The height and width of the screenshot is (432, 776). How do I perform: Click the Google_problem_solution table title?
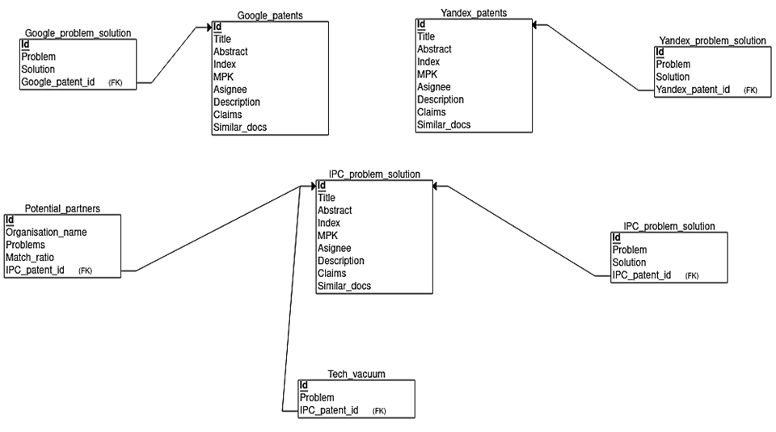point(78,33)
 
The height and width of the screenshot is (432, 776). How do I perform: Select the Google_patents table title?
point(270,16)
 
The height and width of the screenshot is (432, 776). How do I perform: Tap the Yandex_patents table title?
point(474,14)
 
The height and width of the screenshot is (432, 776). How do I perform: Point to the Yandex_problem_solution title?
point(712,40)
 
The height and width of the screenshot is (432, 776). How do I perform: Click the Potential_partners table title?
point(62,208)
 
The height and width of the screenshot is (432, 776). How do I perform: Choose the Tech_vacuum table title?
point(356,374)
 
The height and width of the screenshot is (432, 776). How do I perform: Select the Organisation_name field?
point(46,233)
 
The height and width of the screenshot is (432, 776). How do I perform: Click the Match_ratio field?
point(30,258)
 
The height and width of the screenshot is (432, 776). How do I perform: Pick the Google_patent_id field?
point(58,82)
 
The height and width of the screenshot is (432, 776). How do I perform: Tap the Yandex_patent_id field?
point(693,90)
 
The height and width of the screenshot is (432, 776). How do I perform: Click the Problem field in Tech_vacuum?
point(317,398)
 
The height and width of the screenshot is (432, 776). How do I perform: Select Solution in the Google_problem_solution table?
point(38,69)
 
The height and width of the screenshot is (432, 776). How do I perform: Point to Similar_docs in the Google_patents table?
point(240,128)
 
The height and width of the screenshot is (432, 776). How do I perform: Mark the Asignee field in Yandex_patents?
point(434,87)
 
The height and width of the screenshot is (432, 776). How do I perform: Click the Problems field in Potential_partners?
point(26,245)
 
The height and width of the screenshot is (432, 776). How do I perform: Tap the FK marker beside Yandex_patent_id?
point(750,90)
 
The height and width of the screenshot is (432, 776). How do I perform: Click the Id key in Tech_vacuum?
point(304,385)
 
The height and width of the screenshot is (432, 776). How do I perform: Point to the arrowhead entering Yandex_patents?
point(535,25)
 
